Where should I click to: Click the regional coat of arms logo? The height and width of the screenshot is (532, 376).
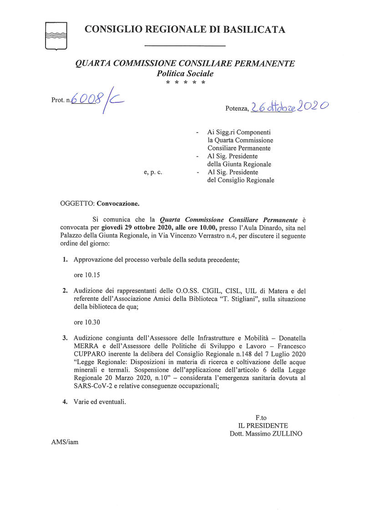[x=56, y=35]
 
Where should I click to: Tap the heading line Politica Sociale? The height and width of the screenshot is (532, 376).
[x=185, y=73]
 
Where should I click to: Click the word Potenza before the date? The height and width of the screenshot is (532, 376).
[x=236, y=109]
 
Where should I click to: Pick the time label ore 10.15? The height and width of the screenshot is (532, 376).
[x=87, y=275]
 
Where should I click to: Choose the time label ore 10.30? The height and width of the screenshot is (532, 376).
[x=87, y=323]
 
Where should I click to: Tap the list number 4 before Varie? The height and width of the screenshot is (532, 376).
[x=65, y=402]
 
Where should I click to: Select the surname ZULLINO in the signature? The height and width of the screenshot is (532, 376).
[x=286, y=434]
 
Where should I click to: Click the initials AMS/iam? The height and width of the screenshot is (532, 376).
[x=65, y=442]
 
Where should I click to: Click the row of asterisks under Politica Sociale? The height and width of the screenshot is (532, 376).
[x=185, y=83]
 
